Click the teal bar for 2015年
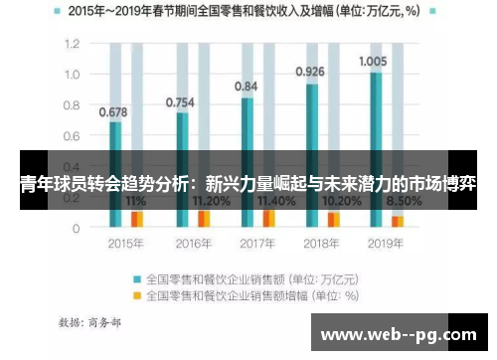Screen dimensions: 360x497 [x=116, y=174]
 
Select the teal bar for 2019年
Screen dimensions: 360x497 [x=376, y=149]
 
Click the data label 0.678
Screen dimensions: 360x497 [x=114, y=111]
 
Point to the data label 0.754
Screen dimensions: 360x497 [x=180, y=102]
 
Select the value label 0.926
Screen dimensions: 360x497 [x=311, y=72]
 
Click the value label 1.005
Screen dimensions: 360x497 [x=373, y=61]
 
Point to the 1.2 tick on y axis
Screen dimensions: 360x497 [x=71, y=45]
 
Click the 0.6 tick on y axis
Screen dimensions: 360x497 [x=71, y=136]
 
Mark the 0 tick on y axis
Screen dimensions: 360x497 [x=76, y=228]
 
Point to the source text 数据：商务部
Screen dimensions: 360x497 [x=90, y=322]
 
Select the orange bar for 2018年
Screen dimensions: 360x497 [x=334, y=219]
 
